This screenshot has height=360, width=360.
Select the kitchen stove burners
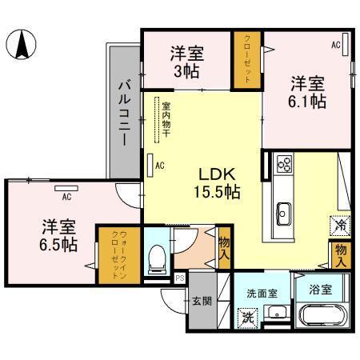(x=283, y=164)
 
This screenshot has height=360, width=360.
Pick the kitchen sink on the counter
(x=284, y=213)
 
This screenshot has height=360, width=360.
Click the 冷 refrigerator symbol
(x=339, y=226)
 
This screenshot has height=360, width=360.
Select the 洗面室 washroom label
(x=262, y=293)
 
